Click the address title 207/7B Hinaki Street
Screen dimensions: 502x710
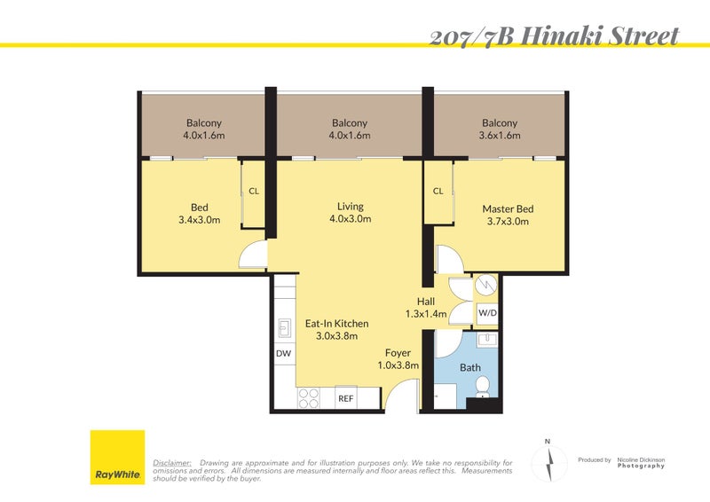tap(554, 35)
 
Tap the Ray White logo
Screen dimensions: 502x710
tap(117, 458)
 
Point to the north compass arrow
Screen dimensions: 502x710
tap(548, 463)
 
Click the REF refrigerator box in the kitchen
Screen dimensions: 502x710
tap(345, 399)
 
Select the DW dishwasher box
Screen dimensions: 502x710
tap(284, 354)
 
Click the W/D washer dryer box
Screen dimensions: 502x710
tap(487, 313)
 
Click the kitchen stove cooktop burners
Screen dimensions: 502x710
tap(309, 398)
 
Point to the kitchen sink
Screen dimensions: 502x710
tap(284, 328)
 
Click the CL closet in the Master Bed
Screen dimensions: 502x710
tap(438, 192)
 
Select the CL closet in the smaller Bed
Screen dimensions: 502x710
tap(253, 192)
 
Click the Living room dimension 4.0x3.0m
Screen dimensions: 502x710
tap(350, 218)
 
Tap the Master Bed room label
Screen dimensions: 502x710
tap(508, 209)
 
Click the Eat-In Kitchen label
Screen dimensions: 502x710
tap(336, 324)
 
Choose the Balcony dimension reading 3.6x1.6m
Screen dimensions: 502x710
tap(500, 136)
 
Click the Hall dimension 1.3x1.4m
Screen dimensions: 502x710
tap(425, 314)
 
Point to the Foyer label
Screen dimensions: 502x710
tap(398, 352)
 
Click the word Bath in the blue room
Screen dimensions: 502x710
tap(469, 367)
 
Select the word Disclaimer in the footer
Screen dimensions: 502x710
tap(172, 463)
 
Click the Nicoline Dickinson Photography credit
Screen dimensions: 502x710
tap(641, 462)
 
